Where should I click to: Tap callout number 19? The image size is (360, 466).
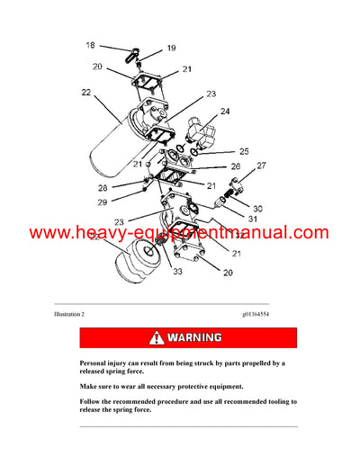coord(172,49)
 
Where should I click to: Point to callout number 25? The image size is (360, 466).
coord(244,151)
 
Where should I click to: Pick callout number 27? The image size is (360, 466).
coord(261,166)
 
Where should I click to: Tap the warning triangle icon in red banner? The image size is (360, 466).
coord(158,338)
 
